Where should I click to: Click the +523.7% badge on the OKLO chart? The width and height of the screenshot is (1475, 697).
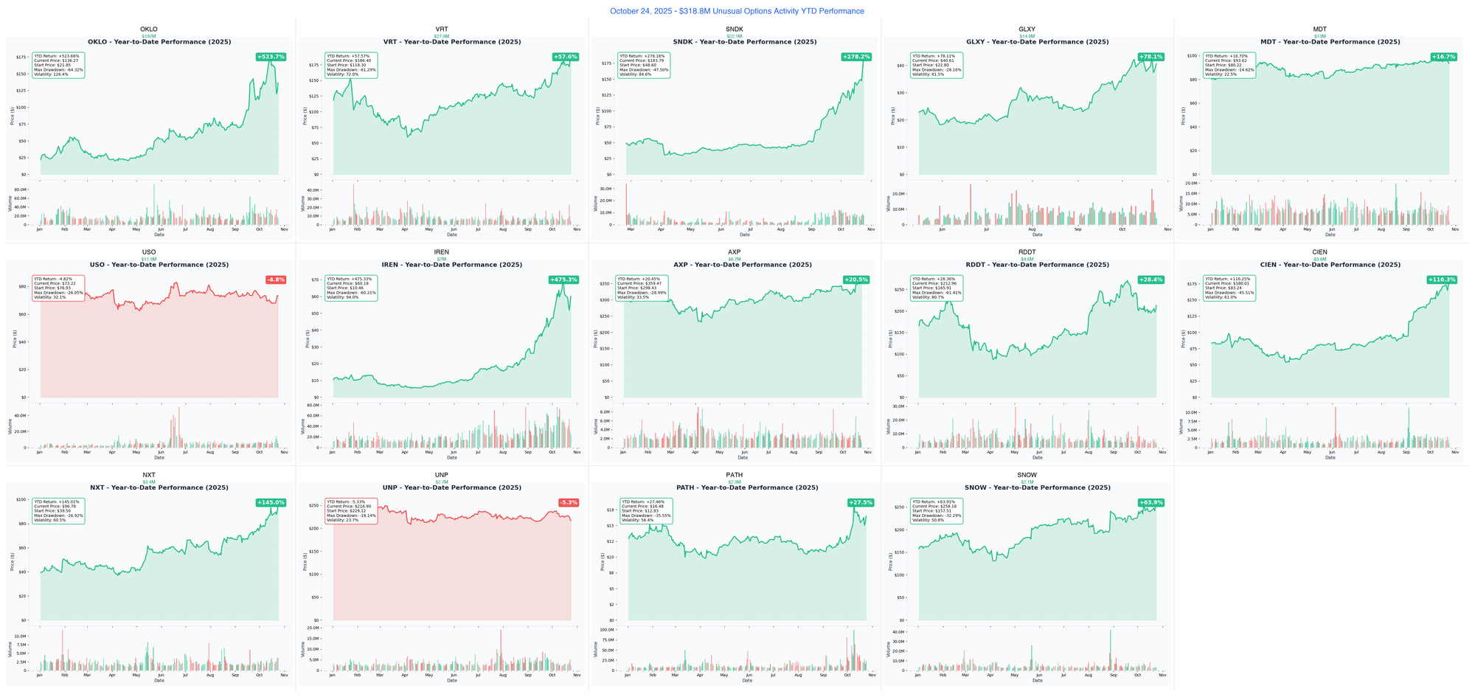[271, 57]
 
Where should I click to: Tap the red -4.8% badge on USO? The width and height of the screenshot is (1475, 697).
[276, 280]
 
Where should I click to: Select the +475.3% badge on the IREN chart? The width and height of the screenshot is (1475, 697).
[563, 280]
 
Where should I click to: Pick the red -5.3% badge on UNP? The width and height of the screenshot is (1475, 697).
[569, 502]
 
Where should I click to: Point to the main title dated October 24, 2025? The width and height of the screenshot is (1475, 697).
[737, 11]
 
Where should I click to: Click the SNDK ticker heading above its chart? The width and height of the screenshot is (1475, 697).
[735, 30]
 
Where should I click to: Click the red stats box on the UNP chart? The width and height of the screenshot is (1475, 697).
[351, 510]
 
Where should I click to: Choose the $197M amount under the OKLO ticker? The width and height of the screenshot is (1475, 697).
[149, 36]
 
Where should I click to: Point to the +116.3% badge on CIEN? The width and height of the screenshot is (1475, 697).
[1442, 280]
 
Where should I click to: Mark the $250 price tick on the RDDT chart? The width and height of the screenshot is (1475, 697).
[898, 289]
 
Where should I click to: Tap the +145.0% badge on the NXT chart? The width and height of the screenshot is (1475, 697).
[271, 502]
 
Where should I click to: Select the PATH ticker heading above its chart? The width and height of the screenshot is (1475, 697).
[735, 475]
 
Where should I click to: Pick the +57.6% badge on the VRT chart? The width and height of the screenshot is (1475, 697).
[566, 57]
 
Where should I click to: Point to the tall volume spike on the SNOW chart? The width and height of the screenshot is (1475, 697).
[1110, 649]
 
